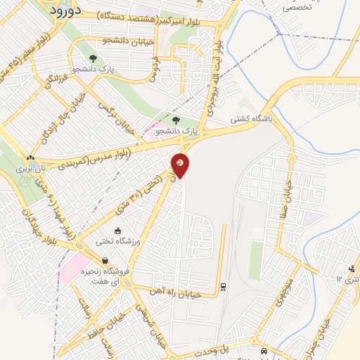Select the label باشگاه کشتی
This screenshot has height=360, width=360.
click(252, 120)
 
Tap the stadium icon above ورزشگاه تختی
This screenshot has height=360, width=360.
click(117, 231)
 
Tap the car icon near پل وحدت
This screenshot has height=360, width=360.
click(263, 351)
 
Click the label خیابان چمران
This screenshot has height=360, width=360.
click(324, 331)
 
